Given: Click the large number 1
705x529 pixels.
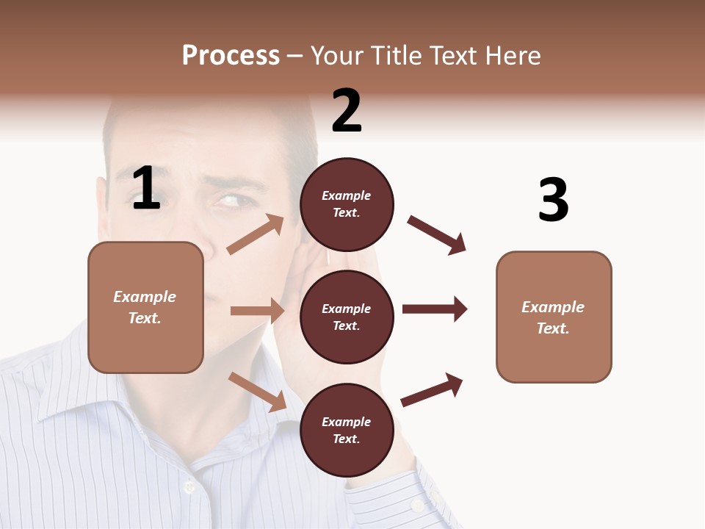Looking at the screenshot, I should click(x=146, y=189).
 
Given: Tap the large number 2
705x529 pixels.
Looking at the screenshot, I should click(x=347, y=111).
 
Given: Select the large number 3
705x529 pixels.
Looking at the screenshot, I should click(x=554, y=200).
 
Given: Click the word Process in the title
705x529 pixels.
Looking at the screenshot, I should click(x=231, y=55).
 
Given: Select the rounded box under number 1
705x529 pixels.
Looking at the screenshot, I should click(x=145, y=307).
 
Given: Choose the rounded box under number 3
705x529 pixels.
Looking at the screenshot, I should click(x=554, y=317).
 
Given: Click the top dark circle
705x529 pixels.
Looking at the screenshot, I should click(x=347, y=204).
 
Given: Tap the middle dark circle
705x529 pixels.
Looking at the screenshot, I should click(x=347, y=317).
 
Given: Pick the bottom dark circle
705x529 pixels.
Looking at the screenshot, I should click(x=347, y=431).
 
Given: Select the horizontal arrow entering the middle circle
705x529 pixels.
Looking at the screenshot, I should click(x=257, y=311).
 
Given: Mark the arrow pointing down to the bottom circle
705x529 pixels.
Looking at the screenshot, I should click(x=258, y=391).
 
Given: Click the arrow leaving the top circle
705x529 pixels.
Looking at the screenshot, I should click(x=437, y=235).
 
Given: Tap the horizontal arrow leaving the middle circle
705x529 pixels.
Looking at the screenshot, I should click(x=435, y=309).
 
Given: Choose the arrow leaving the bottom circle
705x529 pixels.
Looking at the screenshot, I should click(x=432, y=390).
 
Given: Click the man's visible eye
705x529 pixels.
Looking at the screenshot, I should click(x=230, y=201).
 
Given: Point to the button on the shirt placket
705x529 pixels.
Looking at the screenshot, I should click(x=189, y=486).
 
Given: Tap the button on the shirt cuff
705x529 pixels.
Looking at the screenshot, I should click(x=417, y=505).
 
